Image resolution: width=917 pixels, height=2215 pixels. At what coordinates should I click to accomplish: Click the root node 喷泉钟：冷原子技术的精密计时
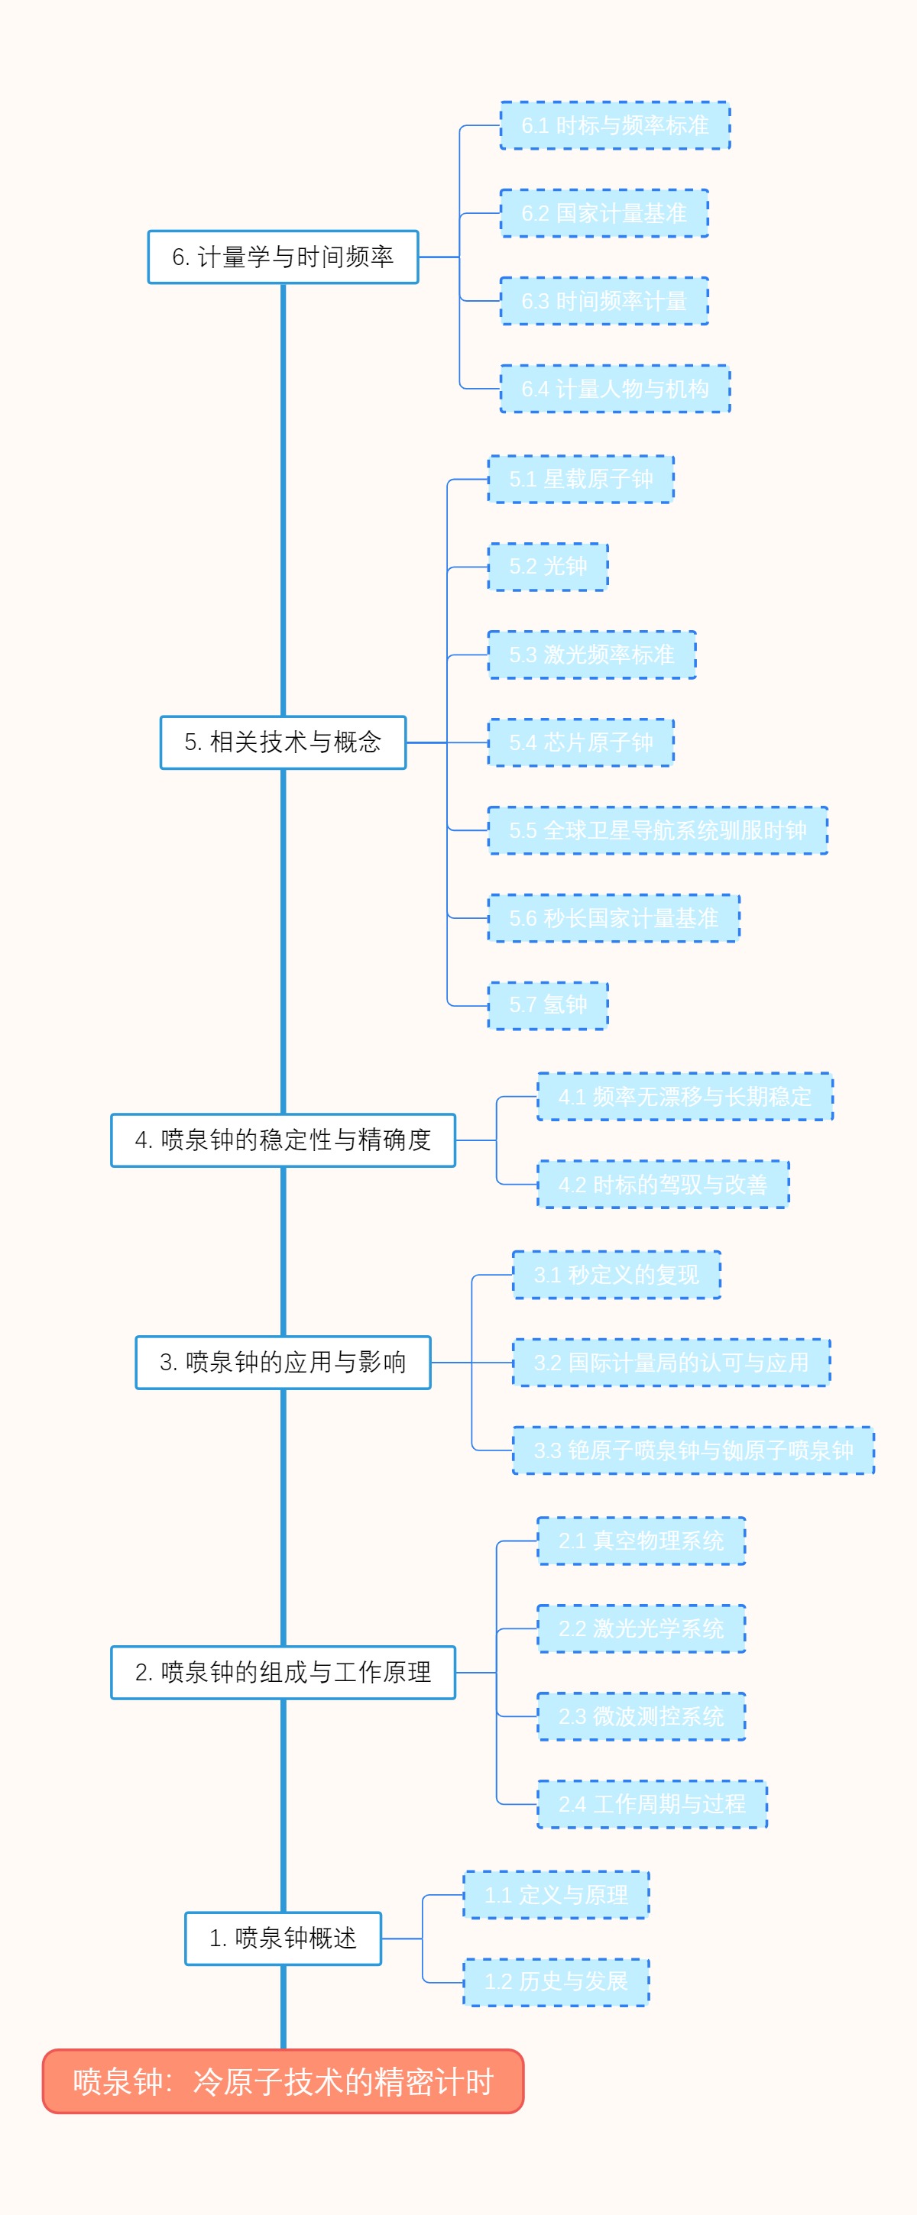(283, 2081)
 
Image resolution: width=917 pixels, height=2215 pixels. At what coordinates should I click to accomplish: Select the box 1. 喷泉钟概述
(283, 1939)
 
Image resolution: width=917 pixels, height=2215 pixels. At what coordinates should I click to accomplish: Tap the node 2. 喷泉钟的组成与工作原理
(283, 1673)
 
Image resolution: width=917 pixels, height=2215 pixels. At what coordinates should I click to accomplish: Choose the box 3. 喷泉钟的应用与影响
(283, 1362)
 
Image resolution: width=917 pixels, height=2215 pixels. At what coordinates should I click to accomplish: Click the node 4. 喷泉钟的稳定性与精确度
(283, 1140)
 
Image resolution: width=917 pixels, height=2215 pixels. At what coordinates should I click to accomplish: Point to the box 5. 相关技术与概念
(283, 742)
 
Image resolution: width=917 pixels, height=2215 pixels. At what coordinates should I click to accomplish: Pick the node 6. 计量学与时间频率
(283, 256)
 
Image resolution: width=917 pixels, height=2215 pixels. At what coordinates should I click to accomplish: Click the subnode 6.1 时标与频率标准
(615, 125)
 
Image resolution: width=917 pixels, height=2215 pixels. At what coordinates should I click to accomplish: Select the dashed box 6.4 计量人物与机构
(615, 389)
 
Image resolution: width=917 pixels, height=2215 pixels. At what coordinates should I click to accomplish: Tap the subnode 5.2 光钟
(548, 567)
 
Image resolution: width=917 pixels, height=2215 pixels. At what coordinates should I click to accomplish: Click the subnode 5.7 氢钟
(548, 1005)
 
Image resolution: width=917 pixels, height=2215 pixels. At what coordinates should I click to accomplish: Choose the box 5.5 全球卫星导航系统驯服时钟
(657, 831)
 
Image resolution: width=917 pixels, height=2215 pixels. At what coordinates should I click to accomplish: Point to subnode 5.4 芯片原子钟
(581, 742)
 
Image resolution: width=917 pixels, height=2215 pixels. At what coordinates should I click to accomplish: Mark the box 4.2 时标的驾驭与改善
(663, 1184)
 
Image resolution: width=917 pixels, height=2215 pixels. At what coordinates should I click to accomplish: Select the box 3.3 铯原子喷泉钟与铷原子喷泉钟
(693, 1450)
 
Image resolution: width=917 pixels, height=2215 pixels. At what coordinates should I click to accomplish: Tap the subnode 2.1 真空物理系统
(641, 1541)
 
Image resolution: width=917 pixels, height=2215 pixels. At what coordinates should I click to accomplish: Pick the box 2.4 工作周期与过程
(651, 1804)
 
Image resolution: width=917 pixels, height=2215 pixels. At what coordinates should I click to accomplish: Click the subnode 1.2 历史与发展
(556, 1982)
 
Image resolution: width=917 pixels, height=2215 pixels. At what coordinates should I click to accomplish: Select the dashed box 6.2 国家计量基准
(604, 213)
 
